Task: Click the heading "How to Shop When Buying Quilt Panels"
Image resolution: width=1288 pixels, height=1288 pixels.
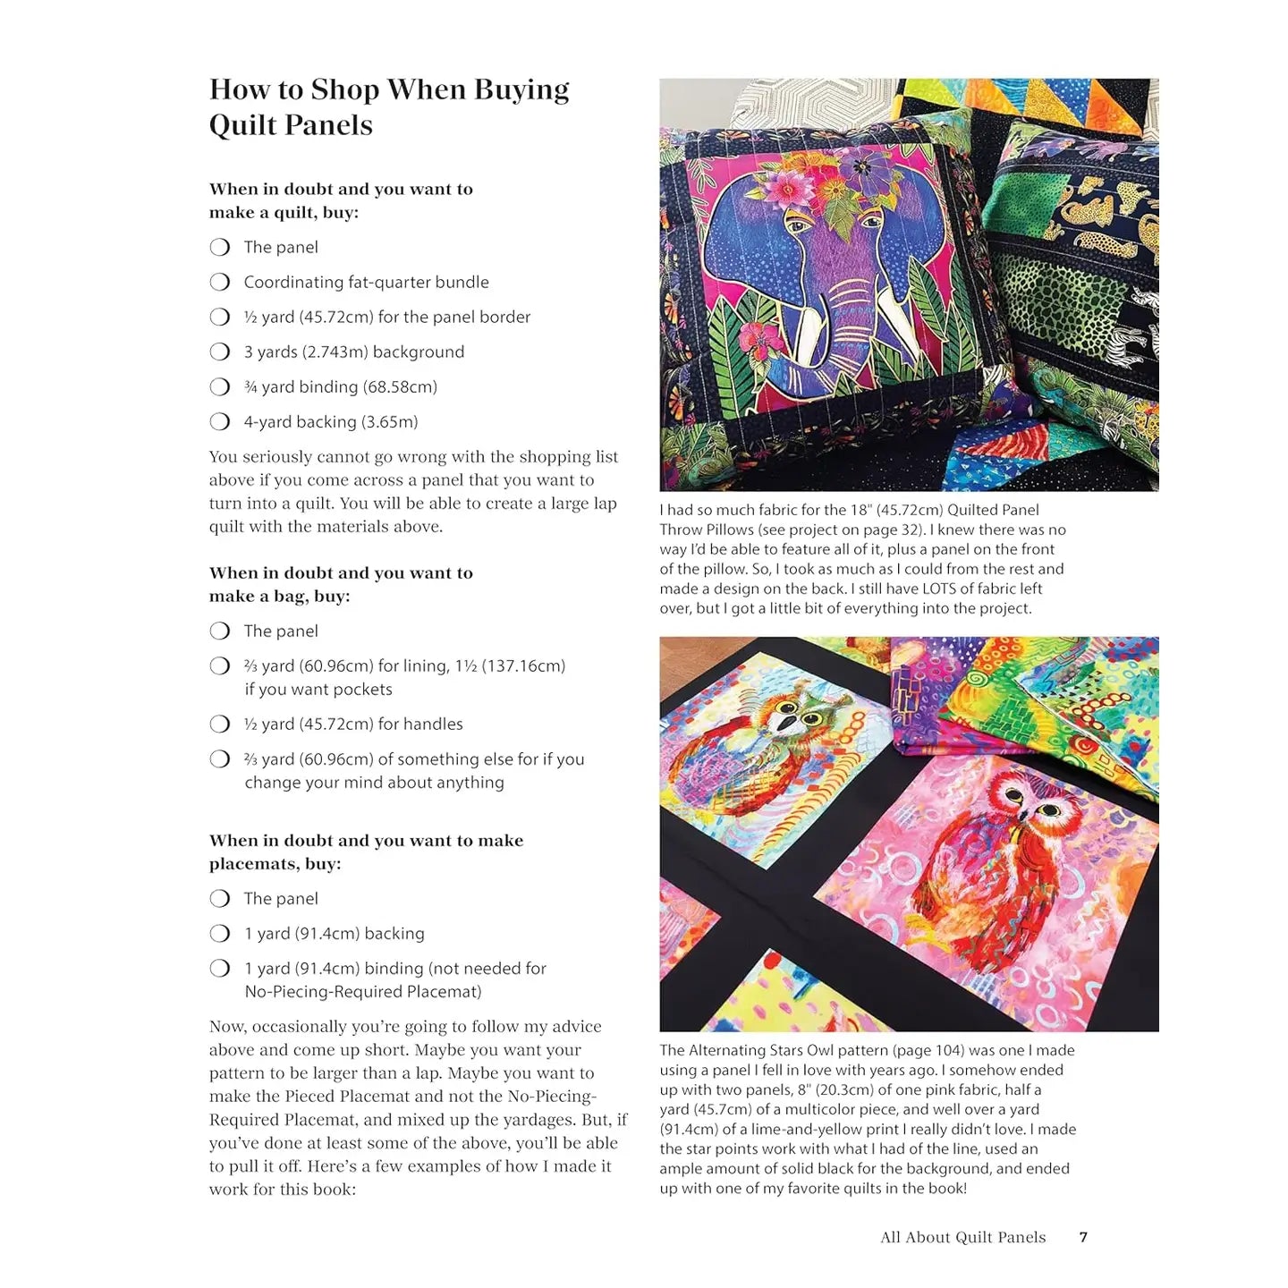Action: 389,106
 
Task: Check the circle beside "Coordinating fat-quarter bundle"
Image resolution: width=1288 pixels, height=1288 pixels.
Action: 220,282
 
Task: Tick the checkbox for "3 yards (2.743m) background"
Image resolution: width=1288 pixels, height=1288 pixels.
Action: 220,352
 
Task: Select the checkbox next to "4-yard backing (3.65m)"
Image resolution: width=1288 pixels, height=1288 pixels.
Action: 220,421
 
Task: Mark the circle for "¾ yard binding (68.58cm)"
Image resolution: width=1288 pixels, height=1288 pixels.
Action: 220,386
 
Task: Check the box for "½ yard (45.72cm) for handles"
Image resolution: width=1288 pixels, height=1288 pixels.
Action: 220,724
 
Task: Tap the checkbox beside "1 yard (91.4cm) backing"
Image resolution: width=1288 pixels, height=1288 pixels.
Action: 220,933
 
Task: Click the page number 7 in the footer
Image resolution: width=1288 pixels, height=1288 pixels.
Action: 1083,1237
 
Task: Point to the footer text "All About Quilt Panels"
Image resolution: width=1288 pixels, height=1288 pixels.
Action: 962,1237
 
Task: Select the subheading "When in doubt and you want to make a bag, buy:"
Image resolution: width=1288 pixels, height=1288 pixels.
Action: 341,584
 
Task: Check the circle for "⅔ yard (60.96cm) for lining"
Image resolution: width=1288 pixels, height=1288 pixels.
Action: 220,665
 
